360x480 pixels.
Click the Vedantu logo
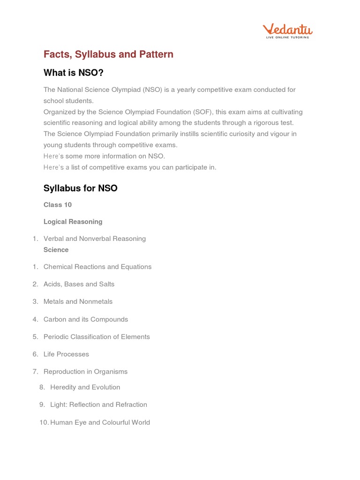(287, 31)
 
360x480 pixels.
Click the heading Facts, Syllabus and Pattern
(108, 54)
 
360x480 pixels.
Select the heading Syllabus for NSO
(80, 188)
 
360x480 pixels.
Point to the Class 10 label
(58, 205)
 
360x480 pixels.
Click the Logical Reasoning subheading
(73, 222)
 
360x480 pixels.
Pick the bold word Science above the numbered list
(56, 250)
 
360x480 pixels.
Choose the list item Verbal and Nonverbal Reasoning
(94, 239)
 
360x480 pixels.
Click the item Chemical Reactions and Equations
(97, 267)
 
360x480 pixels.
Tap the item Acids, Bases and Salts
(79, 284)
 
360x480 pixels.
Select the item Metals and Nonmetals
(78, 301)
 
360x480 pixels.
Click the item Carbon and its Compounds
(85, 319)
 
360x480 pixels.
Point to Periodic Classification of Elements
(97, 337)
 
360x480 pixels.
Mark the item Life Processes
(66, 354)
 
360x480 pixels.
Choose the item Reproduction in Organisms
(85, 372)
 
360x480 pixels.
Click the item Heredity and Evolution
(85, 387)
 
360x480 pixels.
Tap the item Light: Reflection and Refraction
(98, 405)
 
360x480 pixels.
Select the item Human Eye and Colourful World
(100, 422)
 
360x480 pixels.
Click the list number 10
(44, 422)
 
